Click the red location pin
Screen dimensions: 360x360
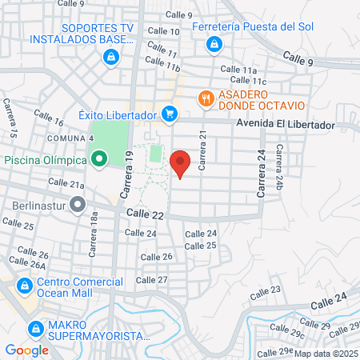tap(180, 162)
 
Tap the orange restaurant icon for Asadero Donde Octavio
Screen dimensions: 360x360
tap(206, 98)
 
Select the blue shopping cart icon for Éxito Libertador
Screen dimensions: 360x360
tap(170, 114)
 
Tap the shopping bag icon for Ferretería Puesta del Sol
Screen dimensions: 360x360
tap(212, 46)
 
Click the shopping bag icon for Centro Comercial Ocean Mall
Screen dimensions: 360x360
tap(26, 285)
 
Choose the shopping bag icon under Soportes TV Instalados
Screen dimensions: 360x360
tap(111, 57)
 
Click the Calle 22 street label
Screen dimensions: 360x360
tap(145, 215)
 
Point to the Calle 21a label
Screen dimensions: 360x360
tap(66, 183)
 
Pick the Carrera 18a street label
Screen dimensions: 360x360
tap(94, 230)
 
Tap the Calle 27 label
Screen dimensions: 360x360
tap(151, 280)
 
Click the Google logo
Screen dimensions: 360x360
tap(26, 350)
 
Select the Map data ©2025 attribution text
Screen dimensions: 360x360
tap(326, 353)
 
